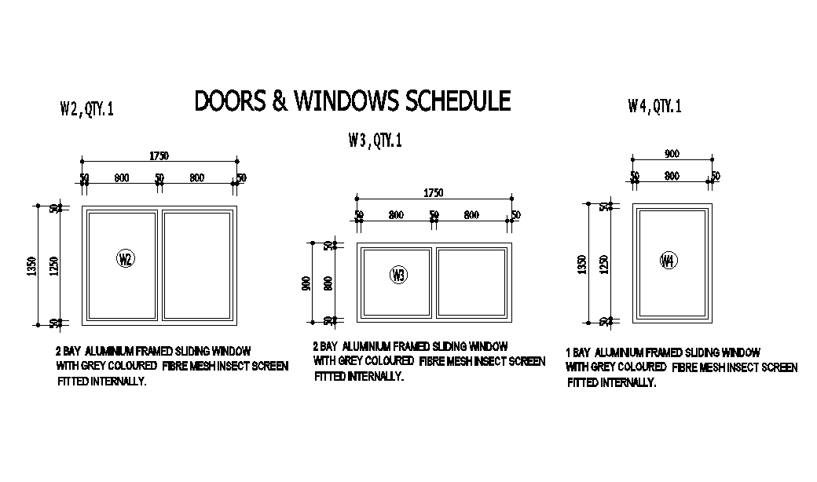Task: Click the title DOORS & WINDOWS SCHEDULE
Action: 352,101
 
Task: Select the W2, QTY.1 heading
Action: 86,109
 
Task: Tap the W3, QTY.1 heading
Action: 375,141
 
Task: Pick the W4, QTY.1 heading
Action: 654,107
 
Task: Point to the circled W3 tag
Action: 398,275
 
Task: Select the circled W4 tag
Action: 669,261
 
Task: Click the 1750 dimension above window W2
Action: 159,156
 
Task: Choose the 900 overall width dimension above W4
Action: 672,154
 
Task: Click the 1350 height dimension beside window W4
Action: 582,265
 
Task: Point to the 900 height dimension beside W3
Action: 307,283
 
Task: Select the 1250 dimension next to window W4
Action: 603,265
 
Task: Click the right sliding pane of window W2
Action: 198,265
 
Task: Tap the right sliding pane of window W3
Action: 471,283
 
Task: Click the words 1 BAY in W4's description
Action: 577,353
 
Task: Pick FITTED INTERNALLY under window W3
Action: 359,377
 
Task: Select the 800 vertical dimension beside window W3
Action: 328,283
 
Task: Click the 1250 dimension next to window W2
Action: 54,265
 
